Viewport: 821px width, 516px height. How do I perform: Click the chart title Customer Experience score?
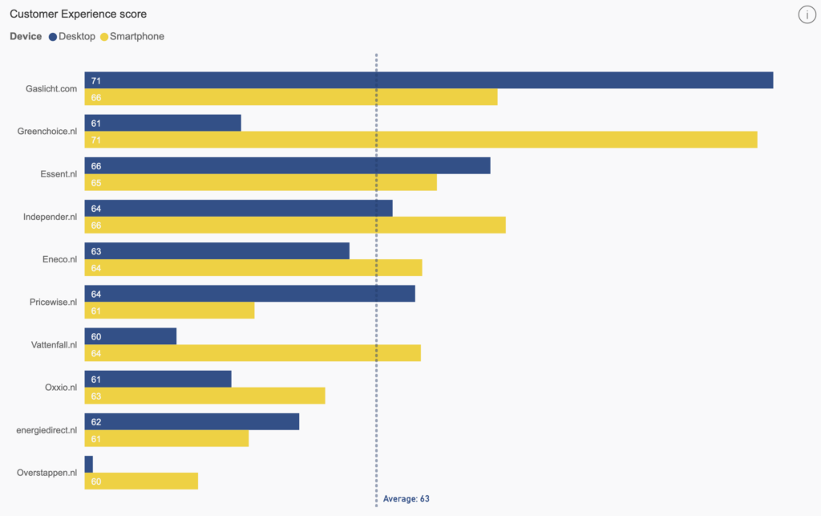[78, 14]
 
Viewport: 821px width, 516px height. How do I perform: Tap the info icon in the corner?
[807, 14]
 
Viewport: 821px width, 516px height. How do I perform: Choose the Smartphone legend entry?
[132, 36]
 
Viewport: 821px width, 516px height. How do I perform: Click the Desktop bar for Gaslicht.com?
[428, 80]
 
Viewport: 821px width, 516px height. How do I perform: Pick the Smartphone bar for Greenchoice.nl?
[420, 140]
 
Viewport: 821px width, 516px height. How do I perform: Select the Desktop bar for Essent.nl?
[287, 165]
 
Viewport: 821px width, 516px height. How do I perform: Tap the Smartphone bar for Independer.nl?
[295, 225]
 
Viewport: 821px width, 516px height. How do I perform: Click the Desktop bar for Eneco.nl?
[216, 250]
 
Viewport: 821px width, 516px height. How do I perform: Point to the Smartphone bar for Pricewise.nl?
[169, 310]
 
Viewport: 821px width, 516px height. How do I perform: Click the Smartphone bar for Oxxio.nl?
[204, 396]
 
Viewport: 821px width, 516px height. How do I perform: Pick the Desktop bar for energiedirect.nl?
[192, 421]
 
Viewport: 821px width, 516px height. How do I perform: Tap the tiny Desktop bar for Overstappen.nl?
[88, 464]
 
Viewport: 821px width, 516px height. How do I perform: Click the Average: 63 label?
[406, 498]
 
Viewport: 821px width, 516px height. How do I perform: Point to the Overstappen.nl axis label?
[47, 473]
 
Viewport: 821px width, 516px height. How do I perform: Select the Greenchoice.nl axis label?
[47, 131]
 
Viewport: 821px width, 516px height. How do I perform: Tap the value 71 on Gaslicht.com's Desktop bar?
[95, 81]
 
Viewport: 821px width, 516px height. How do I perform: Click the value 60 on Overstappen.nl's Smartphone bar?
[95, 481]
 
